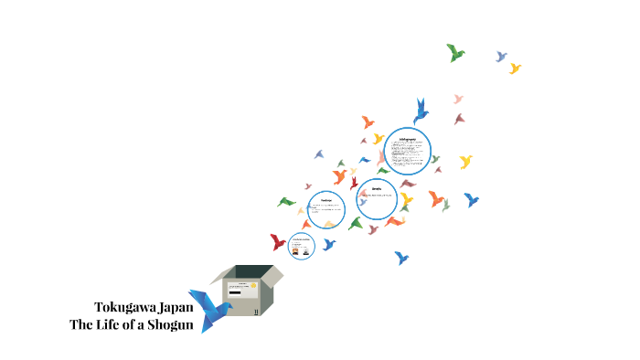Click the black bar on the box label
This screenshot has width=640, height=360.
tap(235, 293)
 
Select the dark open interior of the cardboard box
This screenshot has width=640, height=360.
tap(251, 271)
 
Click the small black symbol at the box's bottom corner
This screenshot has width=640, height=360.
tap(257, 311)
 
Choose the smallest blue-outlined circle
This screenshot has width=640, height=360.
tap(302, 245)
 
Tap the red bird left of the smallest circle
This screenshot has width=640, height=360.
tap(278, 242)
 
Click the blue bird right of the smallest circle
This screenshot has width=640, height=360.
tap(328, 244)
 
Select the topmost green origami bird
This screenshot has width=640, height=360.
tap(455, 52)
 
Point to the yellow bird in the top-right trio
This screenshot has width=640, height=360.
tap(515, 69)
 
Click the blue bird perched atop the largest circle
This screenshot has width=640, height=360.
tap(421, 111)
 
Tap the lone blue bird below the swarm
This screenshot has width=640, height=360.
tap(400, 258)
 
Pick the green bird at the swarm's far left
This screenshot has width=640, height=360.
tap(286, 202)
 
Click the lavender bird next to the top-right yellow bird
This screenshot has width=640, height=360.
tap(501, 57)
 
